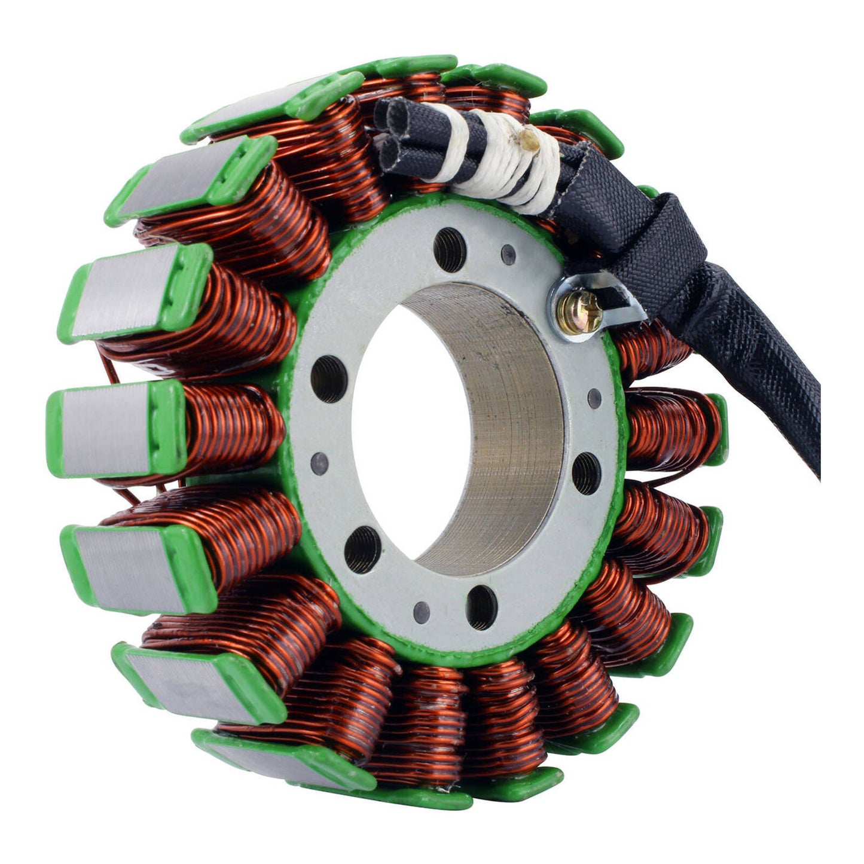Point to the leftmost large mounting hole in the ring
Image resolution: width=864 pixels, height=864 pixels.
coord(328,378)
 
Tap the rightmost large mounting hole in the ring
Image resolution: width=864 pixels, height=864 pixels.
coord(586,474)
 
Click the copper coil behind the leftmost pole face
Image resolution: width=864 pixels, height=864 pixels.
coord(233,425)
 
